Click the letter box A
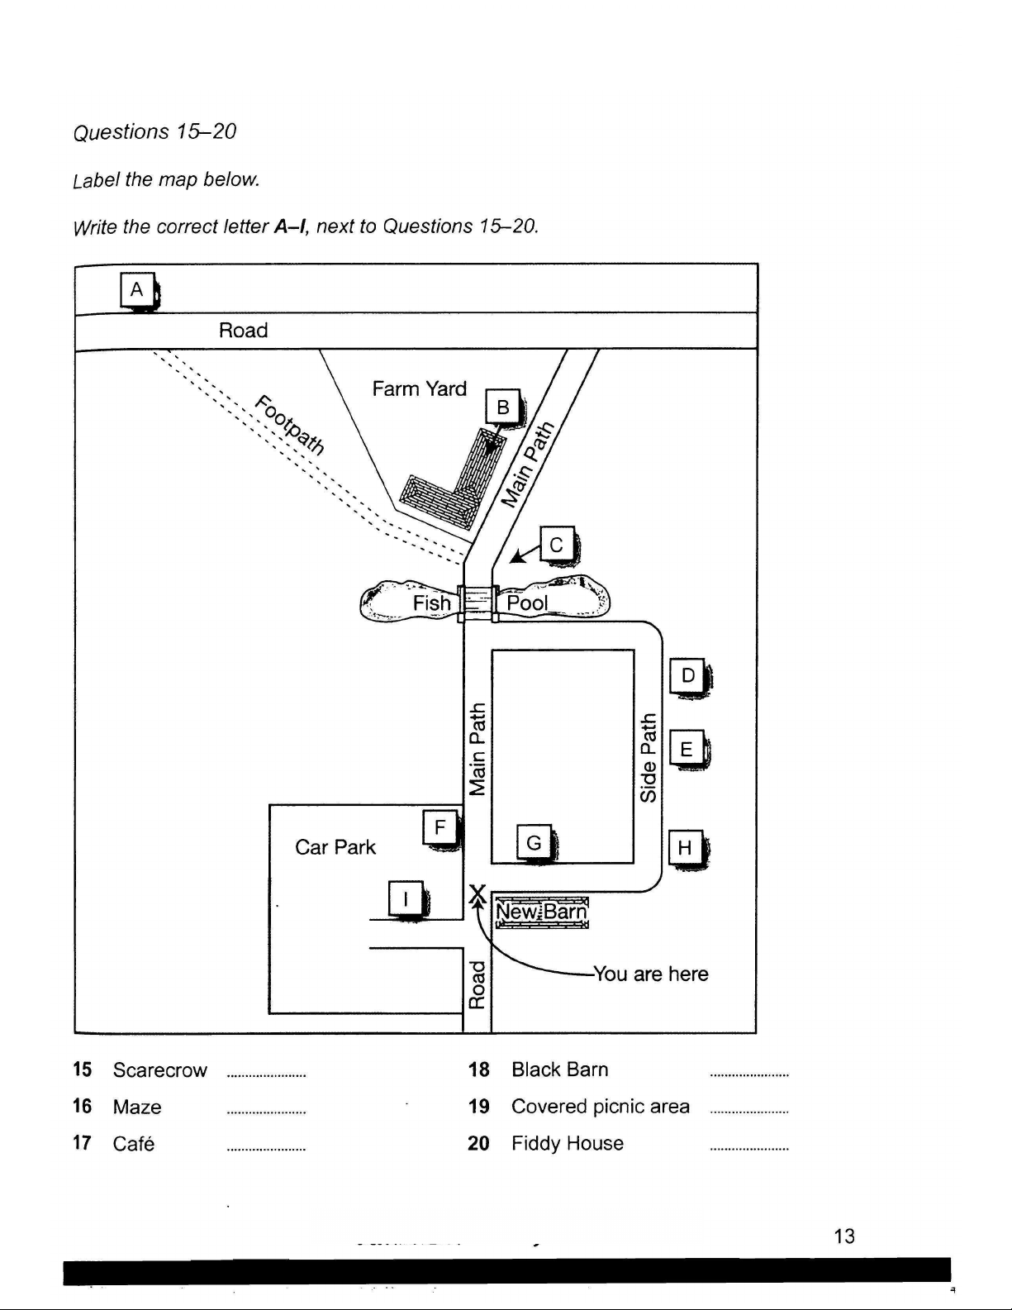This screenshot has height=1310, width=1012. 137,290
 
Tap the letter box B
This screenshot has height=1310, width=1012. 503,407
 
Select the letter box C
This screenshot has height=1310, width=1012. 557,545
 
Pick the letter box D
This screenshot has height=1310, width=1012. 687,675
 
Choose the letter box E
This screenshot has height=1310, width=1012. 687,749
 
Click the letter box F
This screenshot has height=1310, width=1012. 439,827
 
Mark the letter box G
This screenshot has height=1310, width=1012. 534,843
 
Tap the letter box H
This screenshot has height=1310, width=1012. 685,847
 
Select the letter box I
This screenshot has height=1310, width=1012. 405,898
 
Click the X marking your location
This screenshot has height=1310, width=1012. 477,893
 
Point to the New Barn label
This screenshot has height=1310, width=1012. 541,912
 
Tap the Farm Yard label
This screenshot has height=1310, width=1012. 419,388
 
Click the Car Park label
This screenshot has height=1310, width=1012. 335,847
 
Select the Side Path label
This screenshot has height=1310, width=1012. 649,757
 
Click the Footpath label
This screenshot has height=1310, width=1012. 289,426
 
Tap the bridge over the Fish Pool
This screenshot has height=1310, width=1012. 477,602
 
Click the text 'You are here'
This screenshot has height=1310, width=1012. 651,974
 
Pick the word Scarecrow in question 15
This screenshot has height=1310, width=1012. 159,1070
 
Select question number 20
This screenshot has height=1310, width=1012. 478,1143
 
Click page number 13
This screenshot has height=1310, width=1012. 844,1236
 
